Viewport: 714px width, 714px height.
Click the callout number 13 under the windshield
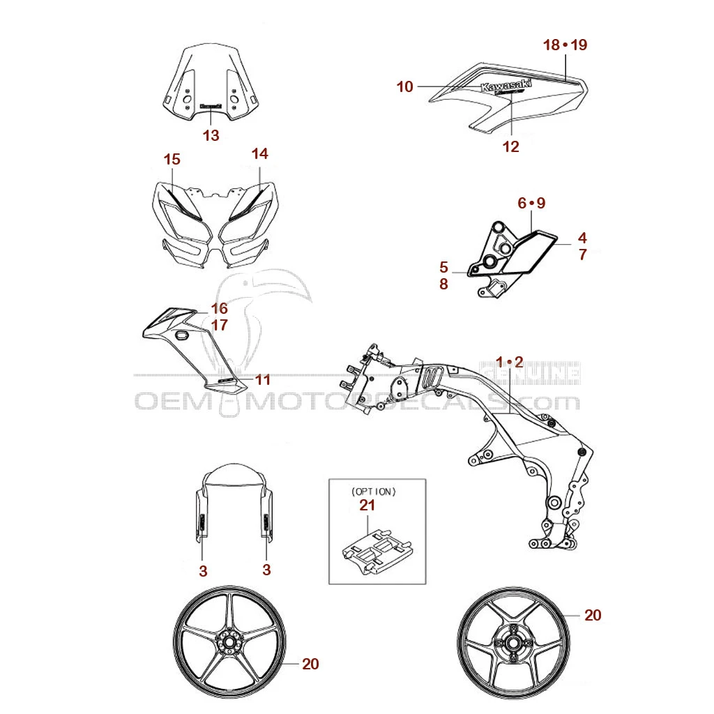pyautogui.click(x=211, y=135)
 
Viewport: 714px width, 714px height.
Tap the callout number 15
pyautogui.click(x=172, y=159)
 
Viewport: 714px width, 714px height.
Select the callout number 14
pyautogui.click(x=259, y=153)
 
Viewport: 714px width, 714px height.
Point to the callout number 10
pyautogui.click(x=405, y=86)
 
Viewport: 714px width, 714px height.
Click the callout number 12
pyautogui.click(x=510, y=146)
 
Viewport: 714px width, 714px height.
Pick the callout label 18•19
pyautogui.click(x=565, y=45)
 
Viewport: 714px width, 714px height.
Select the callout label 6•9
pyautogui.click(x=531, y=203)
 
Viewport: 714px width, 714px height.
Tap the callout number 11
pyautogui.click(x=262, y=380)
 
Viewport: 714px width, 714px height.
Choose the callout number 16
pyautogui.click(x=220, y=308)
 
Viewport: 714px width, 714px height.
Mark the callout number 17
pyautogui.click(x=220, y=325)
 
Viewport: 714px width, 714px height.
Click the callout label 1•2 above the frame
pyautogui.click(x=509, y=361)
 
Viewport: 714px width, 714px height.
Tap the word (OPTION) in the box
pyautogui.click(x=374, y=491)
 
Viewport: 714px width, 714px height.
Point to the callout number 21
pyautogui.click(x=368, y=505)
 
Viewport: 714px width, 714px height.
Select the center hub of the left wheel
pyautogui.click(x=228, y=642)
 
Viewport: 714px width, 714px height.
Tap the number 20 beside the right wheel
pyautogui.click(x=592, y=615)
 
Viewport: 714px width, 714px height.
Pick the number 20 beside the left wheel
pyautogui.click(x=310, y=664)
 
